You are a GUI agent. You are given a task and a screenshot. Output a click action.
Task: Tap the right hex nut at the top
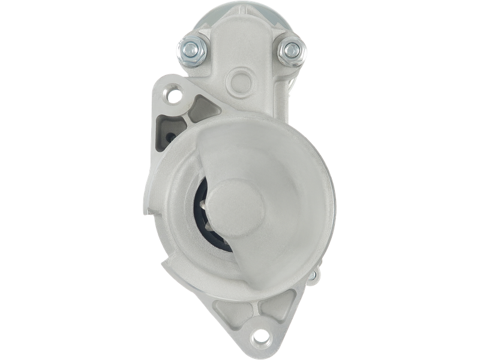coord(292,49)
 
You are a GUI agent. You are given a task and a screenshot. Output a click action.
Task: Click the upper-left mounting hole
coord(175,94)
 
